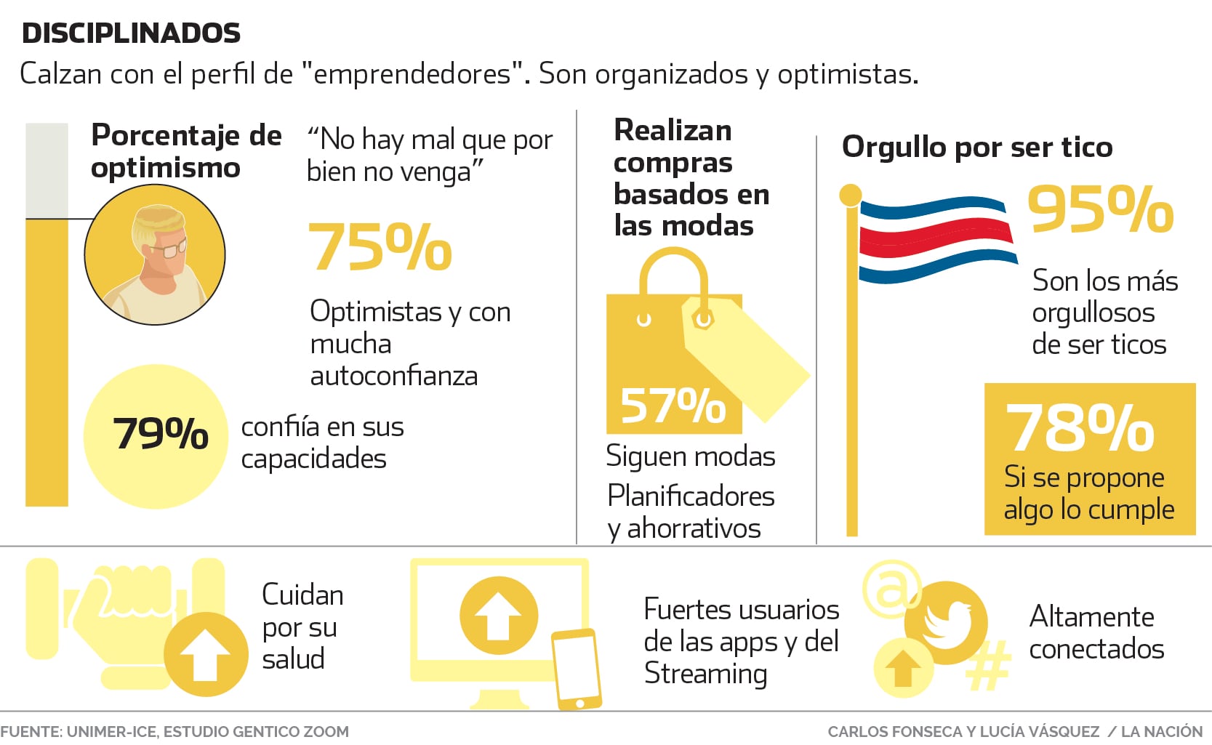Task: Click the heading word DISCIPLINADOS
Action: (x=131, y=33)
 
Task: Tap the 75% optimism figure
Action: (x=380, y=247)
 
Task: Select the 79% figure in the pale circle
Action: (x=161, y=434)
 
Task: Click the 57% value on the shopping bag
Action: (x=673, y=406)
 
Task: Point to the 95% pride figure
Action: (x=1100, y=210)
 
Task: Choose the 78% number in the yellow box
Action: (x=1080, y=428)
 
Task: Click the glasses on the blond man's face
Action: (x=171, y=249)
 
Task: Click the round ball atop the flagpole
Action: (x=850, y=195)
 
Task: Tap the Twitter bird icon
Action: (x=947, y=622)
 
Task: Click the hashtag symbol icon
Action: (x=989, y=666)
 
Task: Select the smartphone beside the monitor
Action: (x=577, y=669)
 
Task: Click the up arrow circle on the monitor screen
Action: (x=499, y=616)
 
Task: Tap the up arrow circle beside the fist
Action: (x=206, y=653)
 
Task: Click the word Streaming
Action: (x=705, y=673)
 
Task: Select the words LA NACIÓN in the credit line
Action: (x=1162, y=731)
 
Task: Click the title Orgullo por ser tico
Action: (x=976, y=148)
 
